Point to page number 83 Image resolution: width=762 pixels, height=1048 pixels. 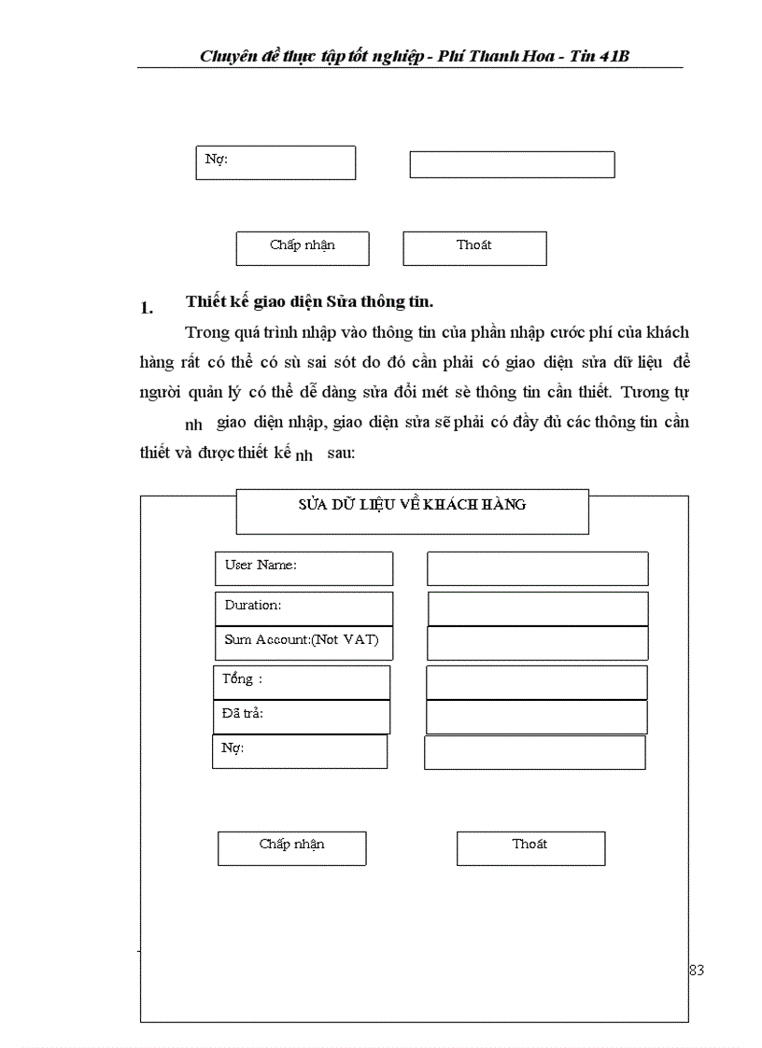(x=696, y=971)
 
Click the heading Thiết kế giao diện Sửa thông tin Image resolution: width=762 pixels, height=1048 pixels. (x=309, y=301)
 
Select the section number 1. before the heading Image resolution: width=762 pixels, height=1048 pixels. (x=146, y=307)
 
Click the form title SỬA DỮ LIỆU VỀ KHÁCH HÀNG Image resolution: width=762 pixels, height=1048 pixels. (x=412, y=505)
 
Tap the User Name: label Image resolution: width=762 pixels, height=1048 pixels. (x=303, y=567)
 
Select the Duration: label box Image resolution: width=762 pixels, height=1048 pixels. (x=303, y=608)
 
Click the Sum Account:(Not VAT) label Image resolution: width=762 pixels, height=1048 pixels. (x=303, y=642)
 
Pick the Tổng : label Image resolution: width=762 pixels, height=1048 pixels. (x=301, y=681)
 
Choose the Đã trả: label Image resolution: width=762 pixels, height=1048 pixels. (x=301, y=716)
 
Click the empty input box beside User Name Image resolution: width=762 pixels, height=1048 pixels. (x=537, y=568)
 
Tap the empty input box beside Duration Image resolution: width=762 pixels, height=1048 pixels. (x=537, y=608)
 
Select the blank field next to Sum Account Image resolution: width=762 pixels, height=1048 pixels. (x=537, y=643)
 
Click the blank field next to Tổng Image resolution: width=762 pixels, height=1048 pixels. (x=536, y=682)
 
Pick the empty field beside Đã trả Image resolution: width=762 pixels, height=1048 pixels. (x=536, y=717)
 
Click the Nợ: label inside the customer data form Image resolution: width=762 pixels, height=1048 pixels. (x=299, y=751)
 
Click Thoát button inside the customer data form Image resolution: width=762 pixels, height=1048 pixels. (x=530, y=847)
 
